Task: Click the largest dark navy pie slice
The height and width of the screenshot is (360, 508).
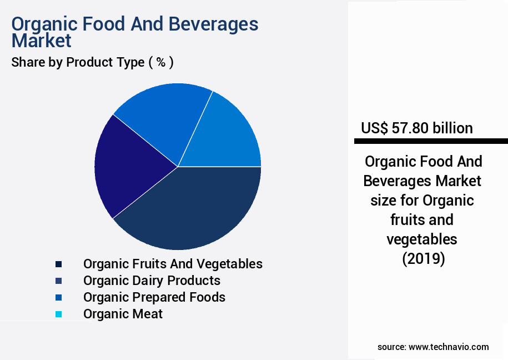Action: [194, 208]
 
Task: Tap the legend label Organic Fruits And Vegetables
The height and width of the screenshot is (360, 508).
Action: [173, 263]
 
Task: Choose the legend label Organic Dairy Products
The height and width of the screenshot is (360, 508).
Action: [152, 281]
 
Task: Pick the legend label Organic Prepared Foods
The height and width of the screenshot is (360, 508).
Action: [154, 297]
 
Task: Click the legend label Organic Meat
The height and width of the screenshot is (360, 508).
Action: [123, 314]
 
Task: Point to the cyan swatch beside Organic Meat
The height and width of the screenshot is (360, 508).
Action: [59, 314]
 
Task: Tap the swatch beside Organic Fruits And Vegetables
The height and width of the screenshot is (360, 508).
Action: [59, 264]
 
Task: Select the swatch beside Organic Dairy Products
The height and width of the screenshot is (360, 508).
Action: [59, 281]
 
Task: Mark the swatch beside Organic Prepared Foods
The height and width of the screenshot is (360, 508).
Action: [59, 298]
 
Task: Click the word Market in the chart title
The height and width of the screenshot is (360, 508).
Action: [42, 41]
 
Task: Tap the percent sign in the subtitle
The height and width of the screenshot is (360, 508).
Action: [160, 62]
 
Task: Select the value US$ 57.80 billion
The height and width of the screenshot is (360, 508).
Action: [417, 128]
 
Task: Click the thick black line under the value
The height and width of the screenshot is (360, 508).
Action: [431, 141]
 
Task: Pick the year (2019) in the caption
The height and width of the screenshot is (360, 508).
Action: [423, 259]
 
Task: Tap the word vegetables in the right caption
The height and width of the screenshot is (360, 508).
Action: [423, 239]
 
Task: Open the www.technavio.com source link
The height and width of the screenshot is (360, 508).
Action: [449, 347]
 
